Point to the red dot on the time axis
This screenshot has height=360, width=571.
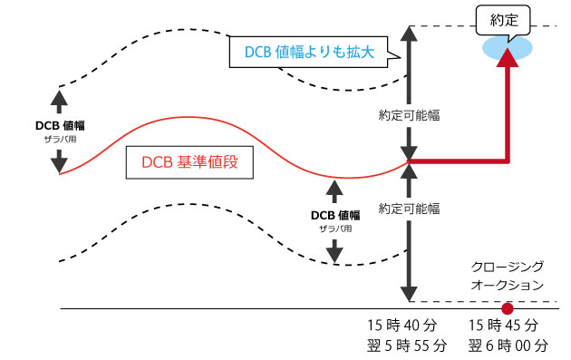(x=508, y=308)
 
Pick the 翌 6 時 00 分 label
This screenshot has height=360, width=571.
(x=508, y=345)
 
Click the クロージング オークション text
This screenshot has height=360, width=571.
(x=508, y=276)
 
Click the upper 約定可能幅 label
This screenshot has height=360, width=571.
(x=409, y=116)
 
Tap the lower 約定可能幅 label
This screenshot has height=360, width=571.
(x=409, y=208)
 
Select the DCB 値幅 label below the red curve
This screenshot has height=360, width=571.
(x=335, y=218)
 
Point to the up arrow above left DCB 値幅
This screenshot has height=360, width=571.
(x=60, y=99)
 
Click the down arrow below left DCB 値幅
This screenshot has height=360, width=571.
(x=60, y=161)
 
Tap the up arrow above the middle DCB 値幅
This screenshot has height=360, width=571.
(x=335, y=191)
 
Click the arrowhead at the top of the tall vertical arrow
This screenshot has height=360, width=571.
(x=409, y=32)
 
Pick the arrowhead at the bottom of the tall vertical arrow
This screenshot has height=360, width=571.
(x=409, y=294)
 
